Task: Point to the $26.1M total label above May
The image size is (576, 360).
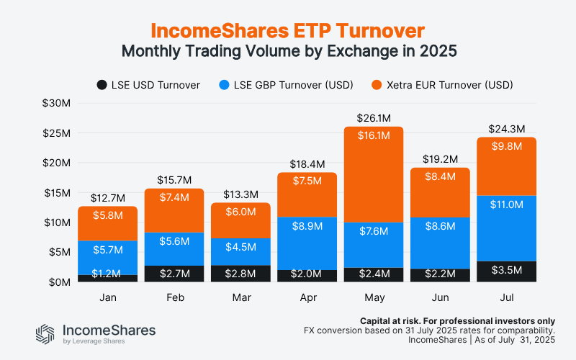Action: [373, 117]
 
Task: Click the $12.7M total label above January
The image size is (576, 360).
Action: [107, 197]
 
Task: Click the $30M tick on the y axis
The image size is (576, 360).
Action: [55, 103]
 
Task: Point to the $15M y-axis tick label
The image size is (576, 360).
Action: [55, 192]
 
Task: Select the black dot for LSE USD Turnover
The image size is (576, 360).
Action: [102, 85]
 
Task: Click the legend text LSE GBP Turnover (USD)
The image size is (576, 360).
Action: [294, 85]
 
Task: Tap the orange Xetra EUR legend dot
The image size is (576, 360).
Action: [377, 85]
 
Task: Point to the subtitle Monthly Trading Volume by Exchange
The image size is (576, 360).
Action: [288, 52]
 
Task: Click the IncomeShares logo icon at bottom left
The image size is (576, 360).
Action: [45, 334]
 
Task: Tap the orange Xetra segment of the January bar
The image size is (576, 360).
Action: [107, 223]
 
